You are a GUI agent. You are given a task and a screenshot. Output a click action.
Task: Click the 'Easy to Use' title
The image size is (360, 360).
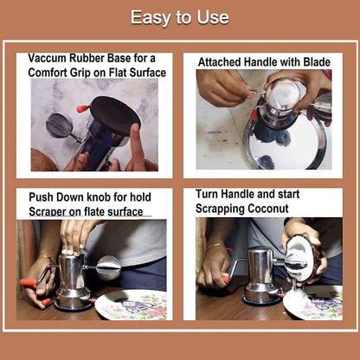[x=180, y=17]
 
